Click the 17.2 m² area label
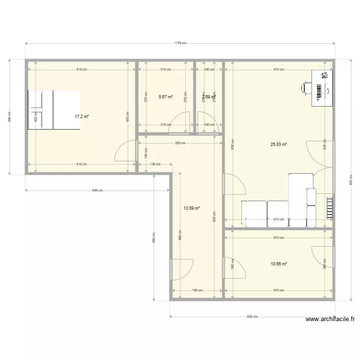[82, 116]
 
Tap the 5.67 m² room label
[166, 96]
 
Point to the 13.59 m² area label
[192, 208]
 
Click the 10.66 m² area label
[278, 264]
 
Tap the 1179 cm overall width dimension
[180, 43]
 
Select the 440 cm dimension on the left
[9, 117]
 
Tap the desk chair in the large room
[306, 87]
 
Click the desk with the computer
[322, 87]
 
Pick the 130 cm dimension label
[155, 164]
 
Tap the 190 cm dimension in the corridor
[197, 290]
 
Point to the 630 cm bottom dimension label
[252, 317]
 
